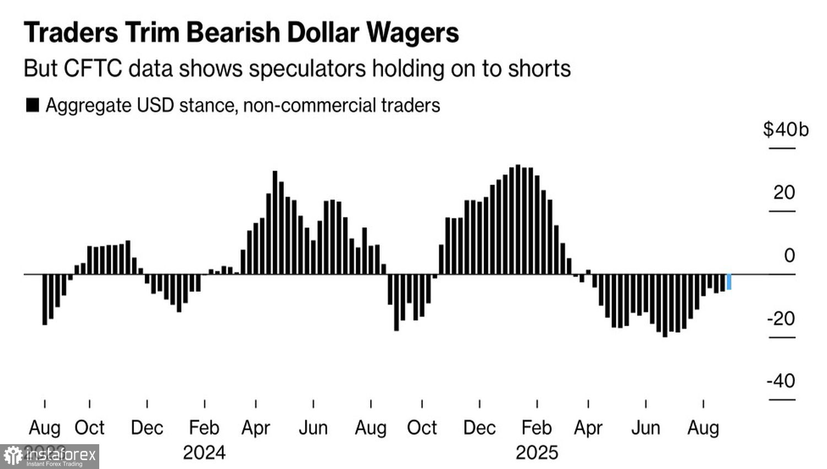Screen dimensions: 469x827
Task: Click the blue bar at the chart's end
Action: click(729, 281)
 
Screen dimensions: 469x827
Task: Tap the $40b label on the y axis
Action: click(786, 130)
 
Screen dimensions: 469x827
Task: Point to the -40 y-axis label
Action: click(781, 381)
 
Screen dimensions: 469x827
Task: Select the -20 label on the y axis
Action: click(781, 318)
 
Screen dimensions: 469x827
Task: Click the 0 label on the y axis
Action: click(790, 255)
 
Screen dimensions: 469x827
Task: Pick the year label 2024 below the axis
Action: click(204, 453)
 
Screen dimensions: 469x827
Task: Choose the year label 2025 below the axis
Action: click(536, 453)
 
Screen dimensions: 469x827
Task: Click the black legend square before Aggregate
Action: click(33, 105)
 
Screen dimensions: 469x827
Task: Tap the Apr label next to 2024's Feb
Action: click(256, 428)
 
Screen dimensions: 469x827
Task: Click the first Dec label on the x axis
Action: click(147, 428)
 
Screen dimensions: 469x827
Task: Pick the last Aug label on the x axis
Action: click(703, 428)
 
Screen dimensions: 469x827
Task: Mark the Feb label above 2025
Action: click(536, 428)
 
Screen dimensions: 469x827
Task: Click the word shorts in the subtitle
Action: click(539, 69)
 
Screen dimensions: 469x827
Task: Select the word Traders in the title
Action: click(71, 33)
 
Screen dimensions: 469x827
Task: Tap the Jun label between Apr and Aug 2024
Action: click(313, 428)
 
